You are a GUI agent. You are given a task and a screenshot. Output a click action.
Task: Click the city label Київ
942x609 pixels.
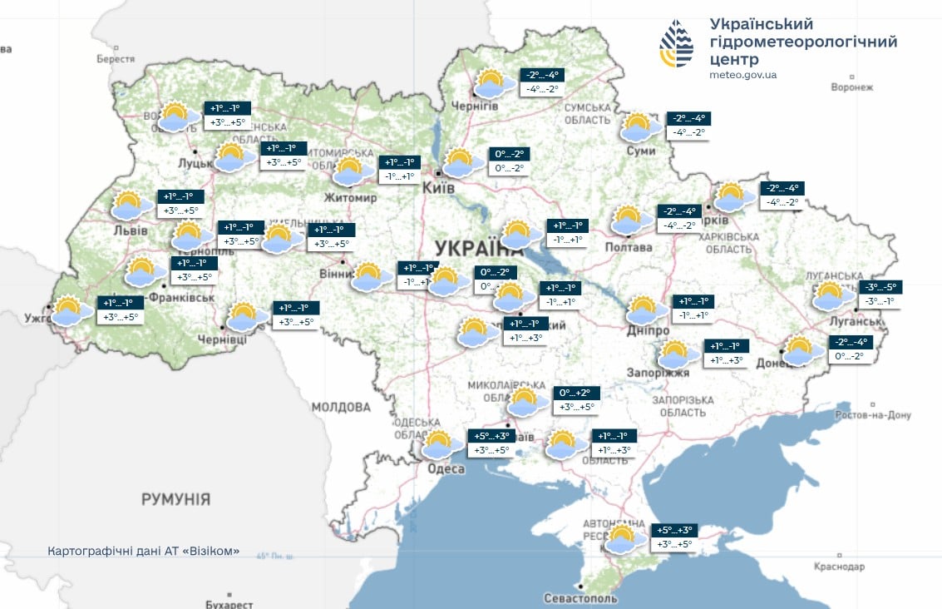[439, 189]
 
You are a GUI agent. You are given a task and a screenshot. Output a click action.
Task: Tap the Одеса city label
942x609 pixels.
[446, 469]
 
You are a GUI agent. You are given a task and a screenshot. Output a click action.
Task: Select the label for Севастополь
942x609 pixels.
[580, 598]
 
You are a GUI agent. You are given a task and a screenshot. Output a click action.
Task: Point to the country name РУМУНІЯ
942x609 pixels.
[175, 499]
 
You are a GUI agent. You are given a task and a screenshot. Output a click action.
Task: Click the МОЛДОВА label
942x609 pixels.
[341, 407]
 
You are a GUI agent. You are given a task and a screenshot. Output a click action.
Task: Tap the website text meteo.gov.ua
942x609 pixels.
[743, 75]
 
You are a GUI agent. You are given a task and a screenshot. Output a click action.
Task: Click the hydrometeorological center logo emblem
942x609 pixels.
[676, 43]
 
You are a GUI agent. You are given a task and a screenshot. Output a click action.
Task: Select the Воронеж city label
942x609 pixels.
[852, 87]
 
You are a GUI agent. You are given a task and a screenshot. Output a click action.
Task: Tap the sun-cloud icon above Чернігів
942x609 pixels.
[494, 83]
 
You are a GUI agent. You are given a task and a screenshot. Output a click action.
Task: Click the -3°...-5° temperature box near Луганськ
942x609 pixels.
[880, 288]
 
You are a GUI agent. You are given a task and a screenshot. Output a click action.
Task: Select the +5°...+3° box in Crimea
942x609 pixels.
[674, 530]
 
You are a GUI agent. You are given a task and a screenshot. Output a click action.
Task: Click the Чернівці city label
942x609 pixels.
[222, 339]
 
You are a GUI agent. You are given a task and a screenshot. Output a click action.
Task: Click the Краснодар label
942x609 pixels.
[839, 567]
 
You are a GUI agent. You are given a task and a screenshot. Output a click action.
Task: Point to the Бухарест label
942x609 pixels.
[228, 604]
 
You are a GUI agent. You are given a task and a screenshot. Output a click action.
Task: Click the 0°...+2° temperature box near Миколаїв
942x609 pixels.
[575, 393]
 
